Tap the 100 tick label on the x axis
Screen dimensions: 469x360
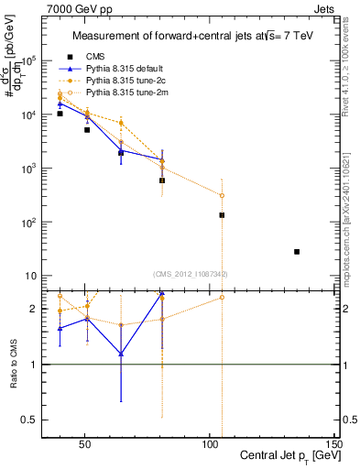pos(210,442)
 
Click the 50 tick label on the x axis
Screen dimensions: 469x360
pos(84,442)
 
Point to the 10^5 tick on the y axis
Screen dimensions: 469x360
pos(27,60)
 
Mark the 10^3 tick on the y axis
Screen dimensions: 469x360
pos(27,169)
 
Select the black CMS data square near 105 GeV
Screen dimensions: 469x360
pos(222,215)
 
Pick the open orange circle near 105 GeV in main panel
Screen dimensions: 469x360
pos(222,195)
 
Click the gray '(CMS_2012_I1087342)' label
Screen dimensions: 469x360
pos(191,274)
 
